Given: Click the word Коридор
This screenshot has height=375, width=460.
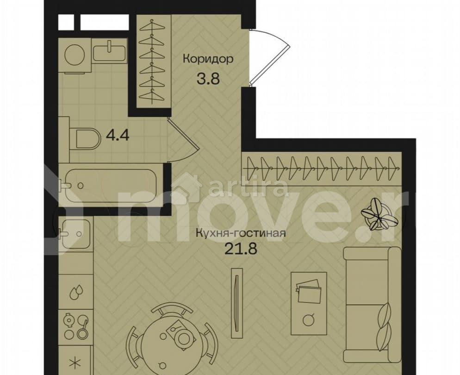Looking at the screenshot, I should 207,59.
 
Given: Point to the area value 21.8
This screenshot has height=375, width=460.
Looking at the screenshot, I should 241,249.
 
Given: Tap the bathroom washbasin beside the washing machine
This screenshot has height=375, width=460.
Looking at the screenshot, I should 110,51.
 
